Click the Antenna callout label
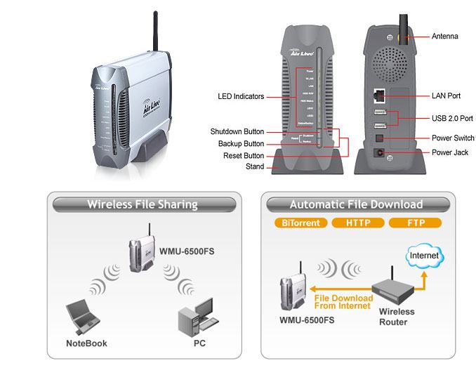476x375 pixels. [444, 36]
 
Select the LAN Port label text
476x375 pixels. [447, 96]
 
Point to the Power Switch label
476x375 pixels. [452, 138]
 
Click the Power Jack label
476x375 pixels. [449, 152]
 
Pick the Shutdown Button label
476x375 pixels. [237, 131]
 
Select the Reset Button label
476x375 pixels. [244, 155]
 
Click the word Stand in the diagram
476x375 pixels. [254, 167]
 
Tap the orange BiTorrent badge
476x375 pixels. [301, 223]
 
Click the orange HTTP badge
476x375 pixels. [356, 223]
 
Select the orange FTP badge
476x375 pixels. [414, 223]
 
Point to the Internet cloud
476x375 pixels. [424, 256]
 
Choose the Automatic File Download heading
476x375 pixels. [356, 205]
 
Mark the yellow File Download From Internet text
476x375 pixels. [344, 300]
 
